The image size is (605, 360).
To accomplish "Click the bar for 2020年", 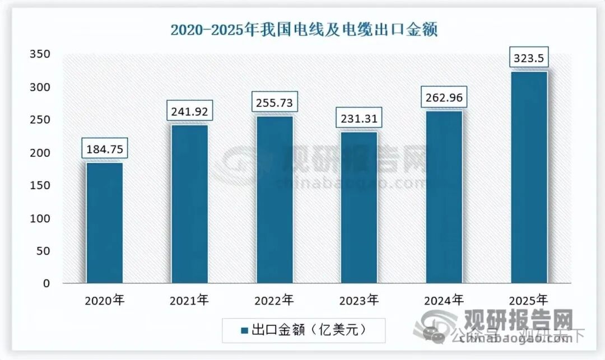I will (x=104, y=223).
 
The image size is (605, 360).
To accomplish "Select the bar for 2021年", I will (x=189, y=204).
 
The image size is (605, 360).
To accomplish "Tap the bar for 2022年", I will (x=274, y=199).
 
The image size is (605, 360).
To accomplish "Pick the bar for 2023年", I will (x=359, y=207).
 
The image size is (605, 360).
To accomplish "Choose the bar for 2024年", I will (x=444, y=197).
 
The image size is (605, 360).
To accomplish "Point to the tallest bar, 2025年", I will (x=529, y=177).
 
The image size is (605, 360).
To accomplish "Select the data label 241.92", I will (x=189, y=111).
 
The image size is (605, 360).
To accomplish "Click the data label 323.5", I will (x=529, y=58).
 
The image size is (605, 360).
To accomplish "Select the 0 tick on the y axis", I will (x=47, y=284).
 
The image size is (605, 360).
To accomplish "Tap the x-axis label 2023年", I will (x=359, y=301).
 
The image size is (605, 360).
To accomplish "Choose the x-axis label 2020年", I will (x=104, y=301).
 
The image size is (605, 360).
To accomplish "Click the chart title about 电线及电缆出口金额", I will (x=304, y=29).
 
